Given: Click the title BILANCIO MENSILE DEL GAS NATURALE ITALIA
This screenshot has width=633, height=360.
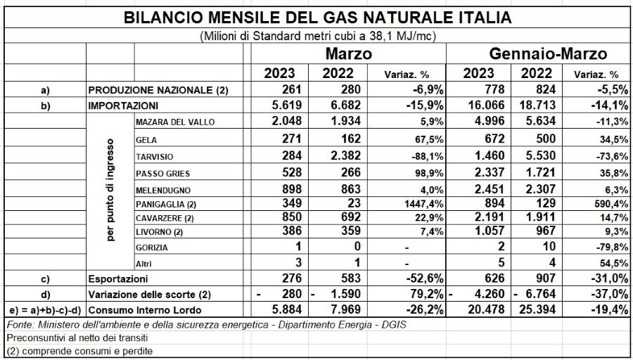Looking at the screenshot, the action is (317, 18).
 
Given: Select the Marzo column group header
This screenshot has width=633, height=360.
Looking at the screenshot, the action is (348, 53).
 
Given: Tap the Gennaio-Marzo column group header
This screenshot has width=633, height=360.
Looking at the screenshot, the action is (548, 53).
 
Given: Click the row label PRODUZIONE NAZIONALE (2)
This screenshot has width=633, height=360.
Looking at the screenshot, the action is (158, 90).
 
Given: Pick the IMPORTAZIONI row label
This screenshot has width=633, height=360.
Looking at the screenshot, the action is (123, 106).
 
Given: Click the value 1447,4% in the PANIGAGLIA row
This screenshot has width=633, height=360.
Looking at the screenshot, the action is (423, 205).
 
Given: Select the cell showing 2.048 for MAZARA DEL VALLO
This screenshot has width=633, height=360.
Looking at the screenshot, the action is (287, 122).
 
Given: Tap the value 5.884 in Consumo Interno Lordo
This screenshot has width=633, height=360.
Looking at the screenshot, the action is (287, 310).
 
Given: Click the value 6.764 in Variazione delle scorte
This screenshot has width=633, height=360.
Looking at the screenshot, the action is (541, 295).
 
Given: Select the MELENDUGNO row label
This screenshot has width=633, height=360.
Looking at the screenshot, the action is (163, 191).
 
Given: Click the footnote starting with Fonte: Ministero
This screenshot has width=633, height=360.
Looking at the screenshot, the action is (207, 325).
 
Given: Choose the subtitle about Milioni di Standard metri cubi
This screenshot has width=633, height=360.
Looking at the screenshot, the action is (318, 37).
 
